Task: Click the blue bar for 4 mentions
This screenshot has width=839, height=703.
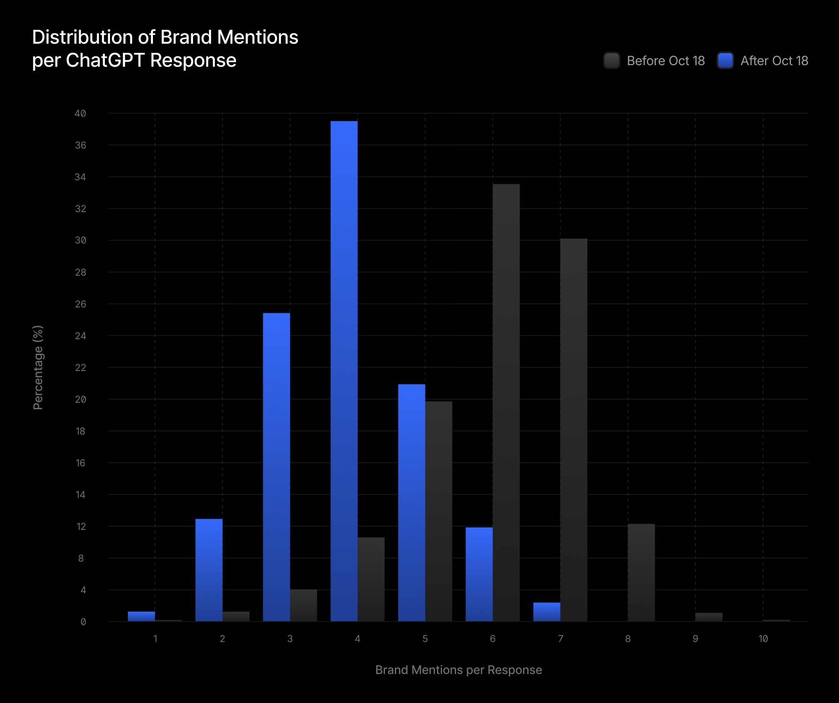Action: coord(344,371)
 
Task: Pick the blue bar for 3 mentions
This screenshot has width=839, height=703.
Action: coord(276,467)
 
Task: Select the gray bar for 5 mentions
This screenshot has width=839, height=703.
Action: coord(439,511)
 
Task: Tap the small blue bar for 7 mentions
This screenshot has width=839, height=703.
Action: coord(547,612)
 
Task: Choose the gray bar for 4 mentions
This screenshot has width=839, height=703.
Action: coord(371,579)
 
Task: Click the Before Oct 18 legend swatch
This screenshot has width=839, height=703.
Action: coord(612,61)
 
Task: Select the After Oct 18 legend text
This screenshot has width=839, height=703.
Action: coord(774,61)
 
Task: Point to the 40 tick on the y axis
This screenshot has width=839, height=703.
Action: coord(80,114)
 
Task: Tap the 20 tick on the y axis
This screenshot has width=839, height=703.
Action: coord(80,400)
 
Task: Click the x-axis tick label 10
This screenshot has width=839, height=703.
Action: coord(763,639)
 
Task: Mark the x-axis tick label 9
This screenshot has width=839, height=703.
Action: coord(696,639)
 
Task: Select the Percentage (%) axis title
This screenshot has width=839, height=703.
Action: coord(38,367)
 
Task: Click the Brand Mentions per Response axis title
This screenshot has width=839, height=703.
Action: coord(459,670)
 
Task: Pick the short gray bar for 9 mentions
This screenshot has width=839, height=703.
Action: coord(709,617)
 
